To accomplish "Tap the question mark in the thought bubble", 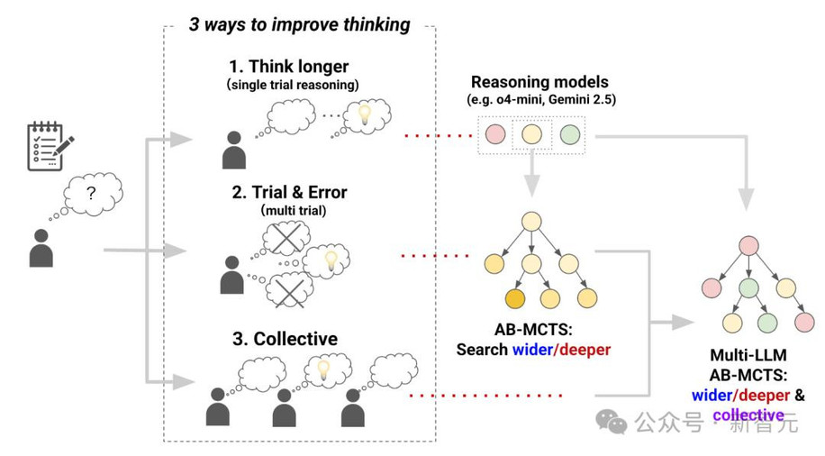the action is tap(91, 194).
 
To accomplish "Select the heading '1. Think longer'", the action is tap(288, 67).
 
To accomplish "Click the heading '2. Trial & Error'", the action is tap(289, 192).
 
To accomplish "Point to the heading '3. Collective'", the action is tap(286, 339).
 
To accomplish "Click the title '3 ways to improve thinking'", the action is tap(299, 24).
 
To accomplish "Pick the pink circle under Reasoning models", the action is tap(495, 134).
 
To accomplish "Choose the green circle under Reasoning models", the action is tap(570, 134).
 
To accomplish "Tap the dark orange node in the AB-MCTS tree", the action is tap(515, 298).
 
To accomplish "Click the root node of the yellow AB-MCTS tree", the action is tap(532, 222).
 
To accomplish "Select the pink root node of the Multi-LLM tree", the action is tap(748, 246).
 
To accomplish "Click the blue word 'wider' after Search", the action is tap(532, 350).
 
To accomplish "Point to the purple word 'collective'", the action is tap(748, 415).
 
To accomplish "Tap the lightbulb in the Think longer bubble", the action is tap(364, 114).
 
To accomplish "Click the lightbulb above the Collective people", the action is tap(323, 369).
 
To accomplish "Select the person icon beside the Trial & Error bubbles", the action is tap(232, 275).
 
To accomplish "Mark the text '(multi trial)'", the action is tap(294, 211).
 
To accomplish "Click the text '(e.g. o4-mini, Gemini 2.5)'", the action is tap(541, 99).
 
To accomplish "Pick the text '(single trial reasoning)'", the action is tap(293, 85).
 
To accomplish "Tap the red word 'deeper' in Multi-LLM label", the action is tap(764, 396).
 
